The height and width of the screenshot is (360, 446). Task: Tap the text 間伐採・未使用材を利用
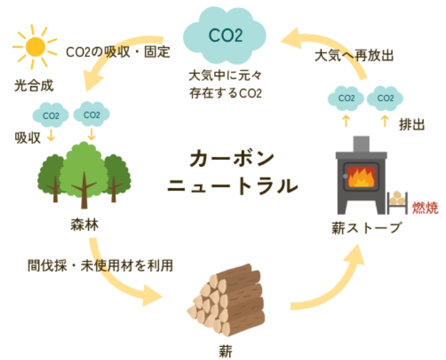(x=100, y=266)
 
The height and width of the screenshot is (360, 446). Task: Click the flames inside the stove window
(x=362, y=177)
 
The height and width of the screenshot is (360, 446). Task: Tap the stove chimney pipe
(x=362, y=144)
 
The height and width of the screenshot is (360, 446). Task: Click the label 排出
(x=412, y=123)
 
